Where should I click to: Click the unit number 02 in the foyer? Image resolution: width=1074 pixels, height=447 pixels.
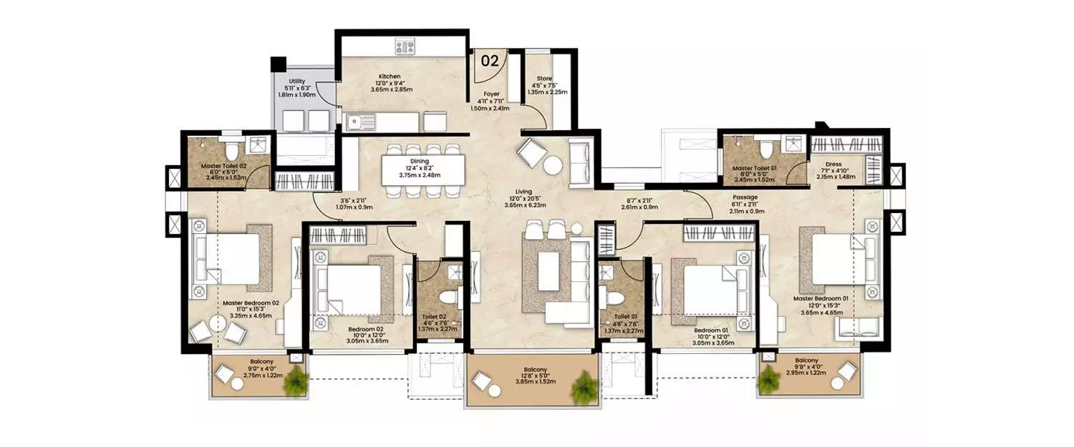(x=490, y=61)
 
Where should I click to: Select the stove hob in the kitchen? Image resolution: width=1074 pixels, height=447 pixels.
(x=405, y=48)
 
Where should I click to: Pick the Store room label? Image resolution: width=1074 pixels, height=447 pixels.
(x=547, y=81)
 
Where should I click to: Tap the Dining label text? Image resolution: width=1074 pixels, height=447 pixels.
(x=420, y=162)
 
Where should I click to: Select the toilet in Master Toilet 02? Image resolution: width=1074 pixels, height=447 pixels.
(x=231, y=152)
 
